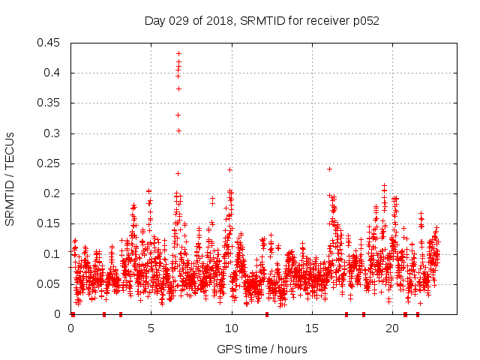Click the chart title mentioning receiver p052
(x=262, y=20)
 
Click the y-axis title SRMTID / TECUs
(x=10, y=178)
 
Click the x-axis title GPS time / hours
(x=262, y=349)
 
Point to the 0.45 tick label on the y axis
(x=49, y=43)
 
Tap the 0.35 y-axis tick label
(x=49, y=103)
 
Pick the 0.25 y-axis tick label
(x=49, y=163)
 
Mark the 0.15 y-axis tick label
(x=49, y=224)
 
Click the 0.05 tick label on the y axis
(x=49, y=284)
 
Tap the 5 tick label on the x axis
(x=151, y=328)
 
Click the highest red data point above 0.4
(x=178, y=53)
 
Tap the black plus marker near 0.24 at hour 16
(x=329, y=169)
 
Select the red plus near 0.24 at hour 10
(x=229, y=169)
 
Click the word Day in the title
(x=154, y=20)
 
